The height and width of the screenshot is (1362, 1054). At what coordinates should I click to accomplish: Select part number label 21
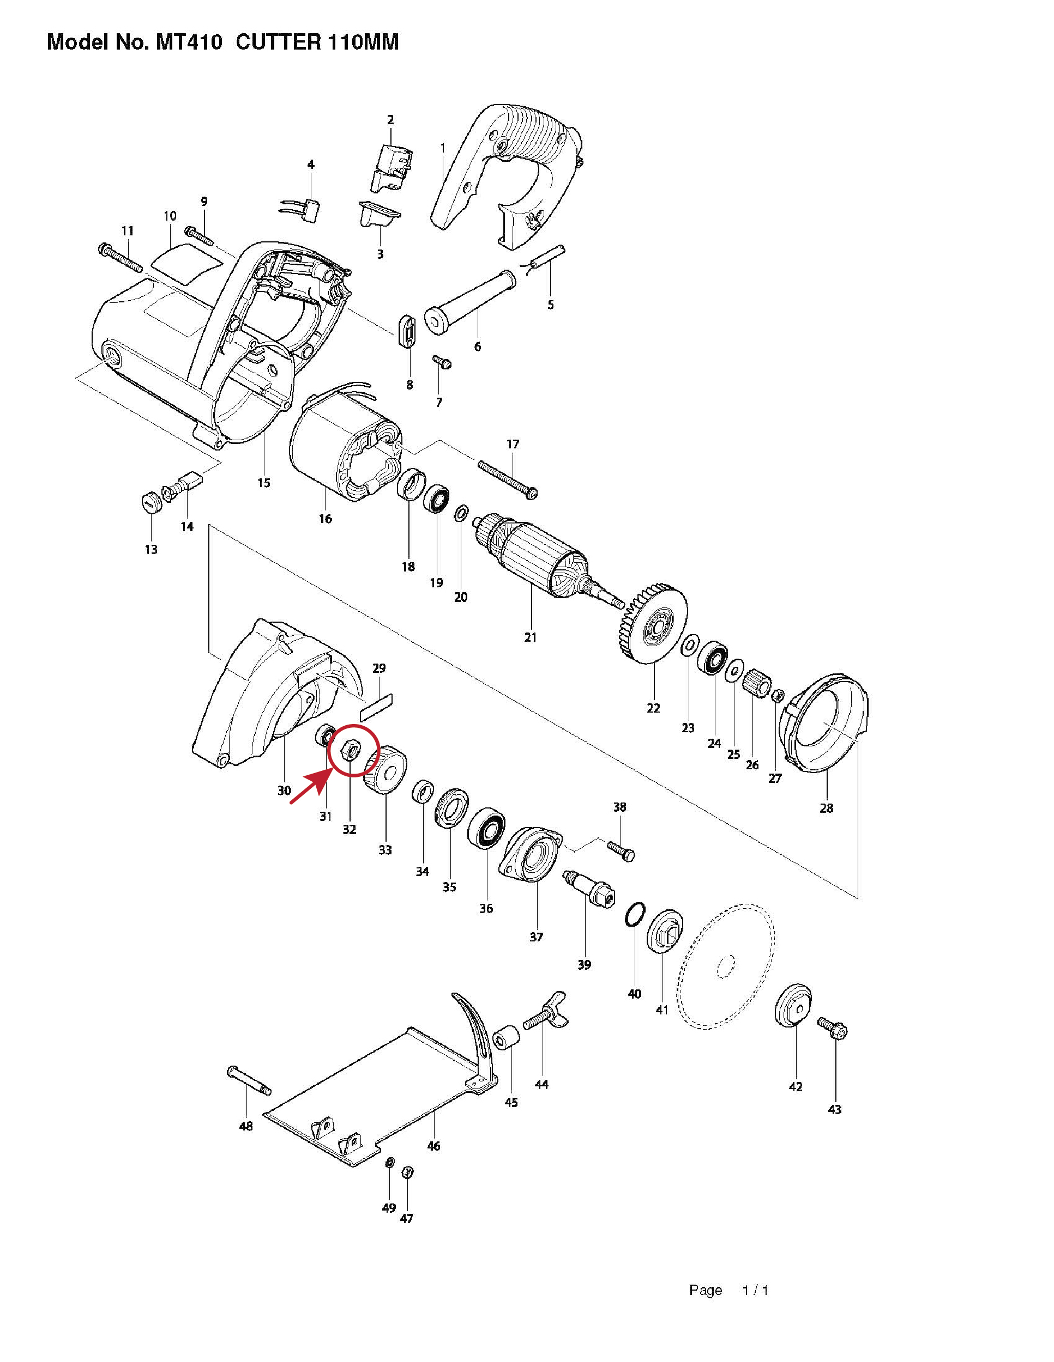(x=531, y=637)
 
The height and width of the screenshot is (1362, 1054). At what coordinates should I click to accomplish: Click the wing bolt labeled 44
(x=545, y=1012)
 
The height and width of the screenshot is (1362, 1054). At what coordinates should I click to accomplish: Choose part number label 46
(x=433, y=1146)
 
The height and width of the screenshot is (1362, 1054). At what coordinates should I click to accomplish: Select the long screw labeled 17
(x=507, y=479)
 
